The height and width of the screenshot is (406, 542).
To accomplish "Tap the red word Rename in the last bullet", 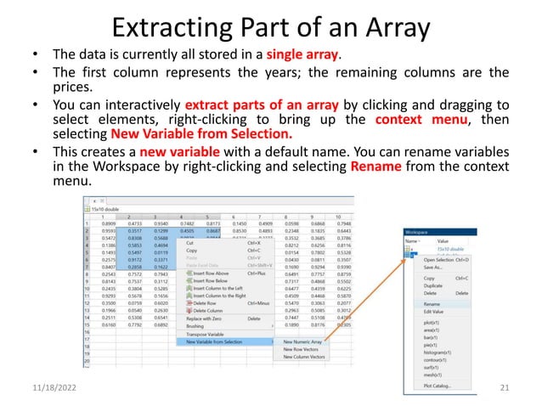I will click(372, 166).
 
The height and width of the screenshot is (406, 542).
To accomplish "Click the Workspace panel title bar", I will click(442, 230).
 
